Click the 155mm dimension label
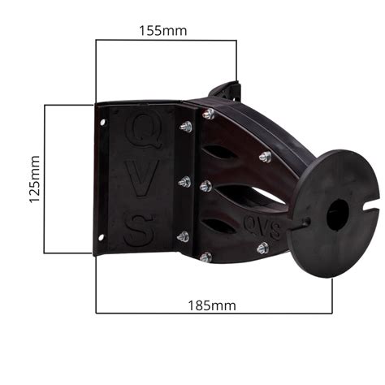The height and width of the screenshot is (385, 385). point(163,31)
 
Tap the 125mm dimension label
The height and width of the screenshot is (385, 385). point(35,179)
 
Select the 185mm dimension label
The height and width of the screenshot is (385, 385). point(212,305)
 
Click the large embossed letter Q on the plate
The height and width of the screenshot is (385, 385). point(143,130)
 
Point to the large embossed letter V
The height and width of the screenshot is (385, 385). point(142,180)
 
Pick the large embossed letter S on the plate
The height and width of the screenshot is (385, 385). point(140,231)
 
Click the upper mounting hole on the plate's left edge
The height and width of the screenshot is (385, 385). point(103,123)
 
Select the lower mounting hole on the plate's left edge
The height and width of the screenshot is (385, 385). point(101,238)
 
